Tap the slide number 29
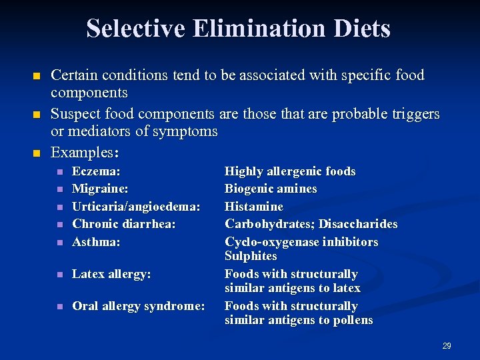[447, 345]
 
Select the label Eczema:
[96, 171]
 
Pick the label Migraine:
[100, 189]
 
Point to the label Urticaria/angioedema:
[136, 207]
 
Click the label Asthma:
[96, 242]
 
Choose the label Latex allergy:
[111, 274]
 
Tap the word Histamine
[254, 207]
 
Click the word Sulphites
[251, 256]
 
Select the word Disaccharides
[359, 224]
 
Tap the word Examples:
[85, 152]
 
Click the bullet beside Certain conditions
[37, 75]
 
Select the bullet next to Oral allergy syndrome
[59, 307]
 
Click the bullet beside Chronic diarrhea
[59, 225]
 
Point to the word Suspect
[76, 114]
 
